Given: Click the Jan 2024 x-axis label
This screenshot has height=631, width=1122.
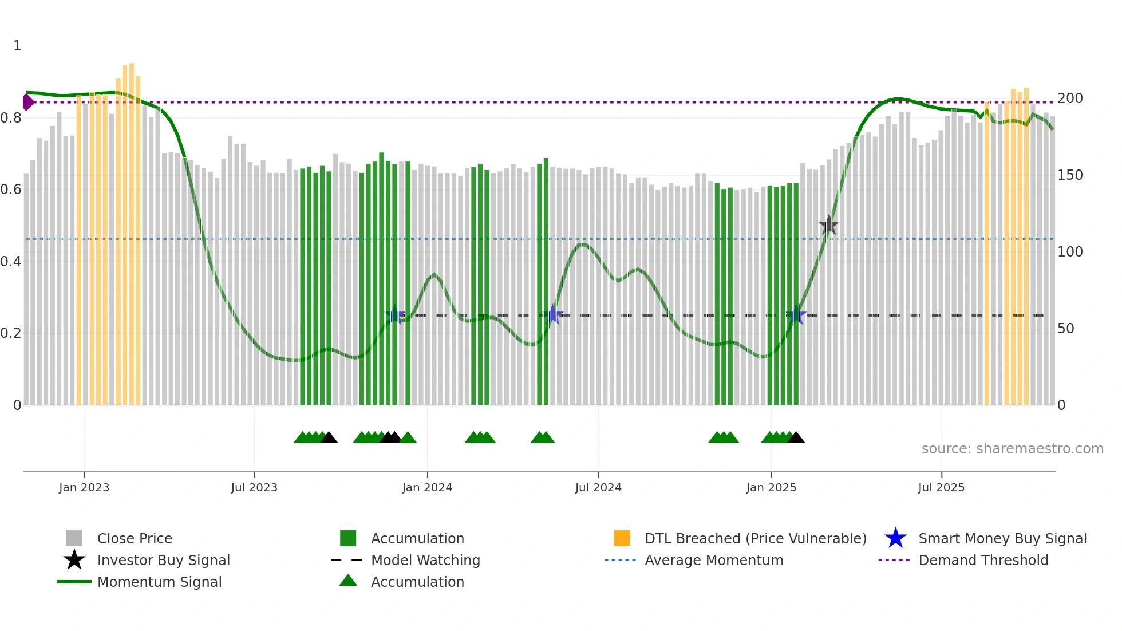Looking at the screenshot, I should (427, 487).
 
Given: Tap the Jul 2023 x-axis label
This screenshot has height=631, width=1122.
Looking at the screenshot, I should (254, 487).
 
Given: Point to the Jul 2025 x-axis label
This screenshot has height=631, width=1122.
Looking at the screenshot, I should (941, 487).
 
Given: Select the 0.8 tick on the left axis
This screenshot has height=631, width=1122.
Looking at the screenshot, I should (11, 118).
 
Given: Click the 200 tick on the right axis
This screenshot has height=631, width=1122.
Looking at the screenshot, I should (1070, 98).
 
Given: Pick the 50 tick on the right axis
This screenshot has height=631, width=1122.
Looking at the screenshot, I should (1065, 329).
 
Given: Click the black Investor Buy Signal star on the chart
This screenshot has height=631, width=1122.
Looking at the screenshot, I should (828, 226).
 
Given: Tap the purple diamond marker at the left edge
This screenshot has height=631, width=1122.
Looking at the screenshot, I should (27, 102).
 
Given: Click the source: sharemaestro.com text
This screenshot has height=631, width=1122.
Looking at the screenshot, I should (1012, 449).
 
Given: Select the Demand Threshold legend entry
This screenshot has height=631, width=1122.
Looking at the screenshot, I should (983, 561).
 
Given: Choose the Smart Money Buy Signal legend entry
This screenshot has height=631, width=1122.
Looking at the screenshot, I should (1002, 539).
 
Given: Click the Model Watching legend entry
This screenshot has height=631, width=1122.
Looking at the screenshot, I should (425, 561).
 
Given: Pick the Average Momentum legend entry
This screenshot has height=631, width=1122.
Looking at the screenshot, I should (713, 561).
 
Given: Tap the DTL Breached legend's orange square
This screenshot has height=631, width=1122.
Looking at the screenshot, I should (622, 538).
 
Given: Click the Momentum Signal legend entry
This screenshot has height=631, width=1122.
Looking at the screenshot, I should (159, 582).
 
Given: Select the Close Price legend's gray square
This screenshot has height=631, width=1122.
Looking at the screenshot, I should (74, 538).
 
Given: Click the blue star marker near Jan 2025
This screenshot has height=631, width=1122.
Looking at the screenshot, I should (796, 315).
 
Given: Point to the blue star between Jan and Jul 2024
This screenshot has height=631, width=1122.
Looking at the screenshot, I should (553, 315).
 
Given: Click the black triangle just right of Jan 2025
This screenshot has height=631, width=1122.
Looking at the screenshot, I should (796, 438).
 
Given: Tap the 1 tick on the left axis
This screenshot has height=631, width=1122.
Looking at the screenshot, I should (17, 46).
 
